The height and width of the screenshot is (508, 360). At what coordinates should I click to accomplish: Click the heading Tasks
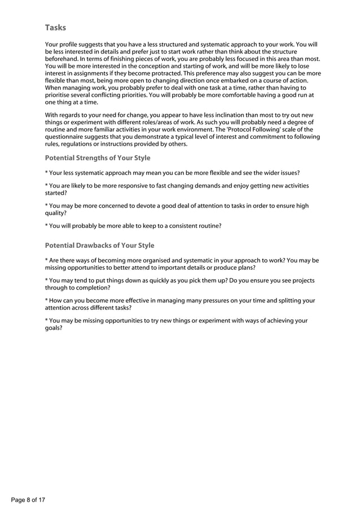[55, 27]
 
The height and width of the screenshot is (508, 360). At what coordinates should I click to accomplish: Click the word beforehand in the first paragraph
[64, 59]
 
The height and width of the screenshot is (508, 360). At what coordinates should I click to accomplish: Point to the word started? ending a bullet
[56, 193]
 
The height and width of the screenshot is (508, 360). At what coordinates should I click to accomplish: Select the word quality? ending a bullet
[56, 213]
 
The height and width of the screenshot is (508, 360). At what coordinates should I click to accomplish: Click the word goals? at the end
[54, 328]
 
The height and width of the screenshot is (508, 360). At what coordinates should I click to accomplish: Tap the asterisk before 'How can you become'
[46, 301]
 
